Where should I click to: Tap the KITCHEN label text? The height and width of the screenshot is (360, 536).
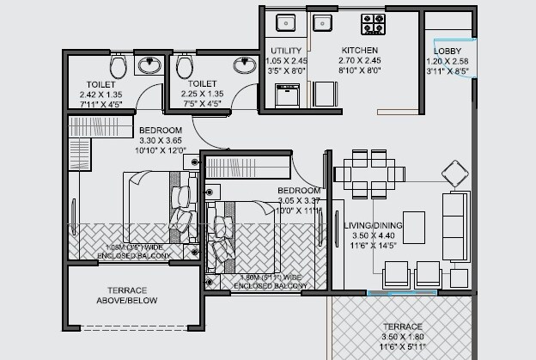point(359,51)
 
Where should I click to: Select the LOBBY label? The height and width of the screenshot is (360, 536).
point(448,52)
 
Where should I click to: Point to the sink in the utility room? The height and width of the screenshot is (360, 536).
point(284,21)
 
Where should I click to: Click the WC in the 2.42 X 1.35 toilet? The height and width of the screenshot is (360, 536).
point(118,65)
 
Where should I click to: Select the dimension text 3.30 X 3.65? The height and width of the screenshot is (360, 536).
point(161,140)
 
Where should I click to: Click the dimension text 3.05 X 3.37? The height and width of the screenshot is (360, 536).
point(299,200)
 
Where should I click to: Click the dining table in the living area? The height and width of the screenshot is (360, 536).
point(368,172)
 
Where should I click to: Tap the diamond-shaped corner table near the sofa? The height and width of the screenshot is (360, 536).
point(454,171)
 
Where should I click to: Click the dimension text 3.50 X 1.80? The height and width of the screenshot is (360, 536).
point(402,337)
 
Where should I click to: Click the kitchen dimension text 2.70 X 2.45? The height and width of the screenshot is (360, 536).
point(359,62)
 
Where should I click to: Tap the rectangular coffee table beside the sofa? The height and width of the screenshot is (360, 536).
point(413,226)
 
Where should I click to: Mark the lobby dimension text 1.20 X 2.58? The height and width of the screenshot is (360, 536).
point(448,62)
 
